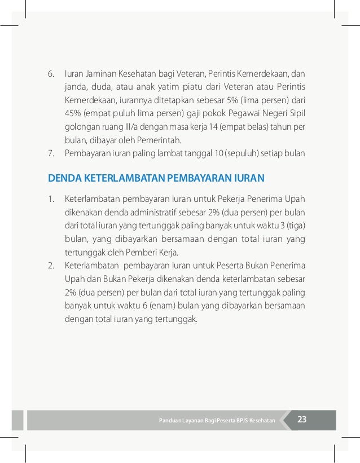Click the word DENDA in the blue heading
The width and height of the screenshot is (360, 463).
65,179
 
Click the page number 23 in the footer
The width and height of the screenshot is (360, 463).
302,420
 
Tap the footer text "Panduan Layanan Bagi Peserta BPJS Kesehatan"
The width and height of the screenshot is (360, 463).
217,421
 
